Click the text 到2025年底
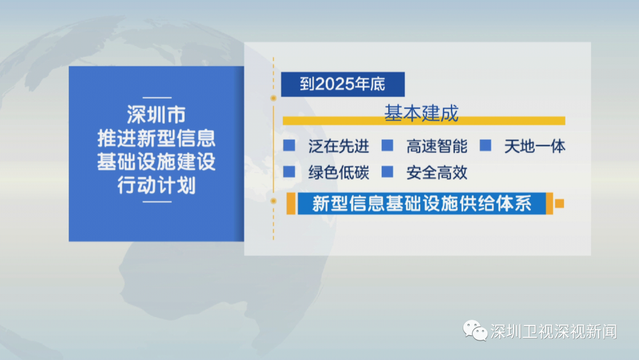point(343,84)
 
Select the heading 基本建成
point(421,113)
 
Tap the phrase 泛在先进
point(338,146)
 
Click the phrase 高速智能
point(437,146)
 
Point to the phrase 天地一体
point(535,146)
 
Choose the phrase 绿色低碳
point(338,172)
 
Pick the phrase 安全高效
point(437,172)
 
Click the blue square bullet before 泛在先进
point(289,145)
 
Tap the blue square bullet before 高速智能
point(387,145)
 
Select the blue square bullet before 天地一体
point(485,145)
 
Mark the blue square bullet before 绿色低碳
point(289,172)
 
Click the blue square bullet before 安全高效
point(387,172)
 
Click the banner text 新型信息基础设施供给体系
point(422,204)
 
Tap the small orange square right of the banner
point(560,204)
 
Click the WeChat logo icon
point(475,330)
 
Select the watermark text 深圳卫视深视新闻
point(553,332)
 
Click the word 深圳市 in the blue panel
point(156,114)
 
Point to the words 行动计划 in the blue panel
point(156,185)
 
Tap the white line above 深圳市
point(157,98)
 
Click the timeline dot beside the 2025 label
point(273,98)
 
